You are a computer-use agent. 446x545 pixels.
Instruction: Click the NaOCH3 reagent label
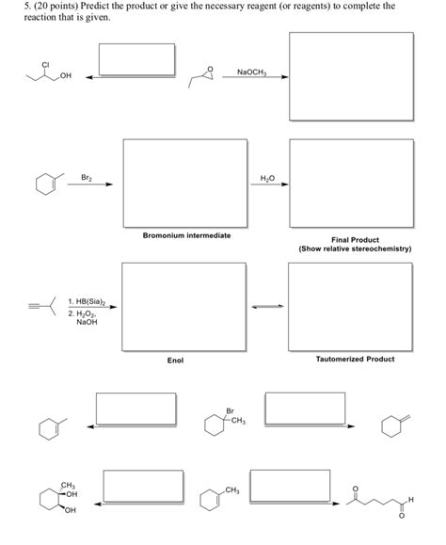click(x=251, y=72)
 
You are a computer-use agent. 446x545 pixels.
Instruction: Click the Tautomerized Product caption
click(x=355, y=359)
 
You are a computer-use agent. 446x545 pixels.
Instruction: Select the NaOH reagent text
click(x=87, y=322)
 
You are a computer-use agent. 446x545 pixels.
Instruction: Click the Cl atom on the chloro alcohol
click(x=45, y=64)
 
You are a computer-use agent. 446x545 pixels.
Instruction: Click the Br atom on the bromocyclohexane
click(x=230, y=410)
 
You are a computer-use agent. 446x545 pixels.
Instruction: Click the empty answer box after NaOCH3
click(x=350, y=73)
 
